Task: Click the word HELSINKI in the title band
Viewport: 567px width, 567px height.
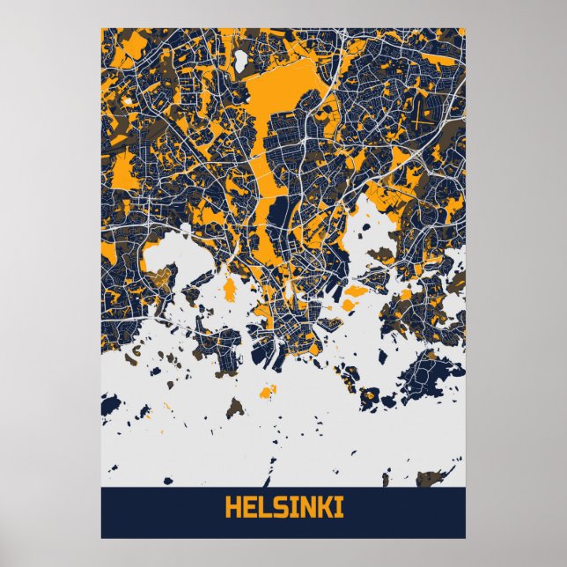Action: [x=283, y=509]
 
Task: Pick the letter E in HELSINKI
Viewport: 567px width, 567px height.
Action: [x=247, y=509]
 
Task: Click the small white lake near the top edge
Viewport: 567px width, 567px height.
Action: [x=239, y=61]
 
